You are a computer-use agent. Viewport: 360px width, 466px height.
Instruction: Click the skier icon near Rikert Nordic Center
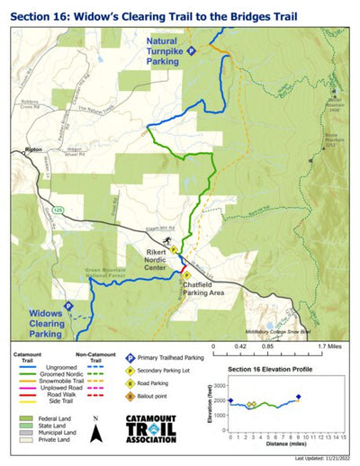click(x=167, y=241)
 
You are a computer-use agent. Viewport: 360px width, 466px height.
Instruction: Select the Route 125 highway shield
click(x=58, y=209)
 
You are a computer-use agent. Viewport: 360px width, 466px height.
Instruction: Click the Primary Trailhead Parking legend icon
click(x=130, y=357)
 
